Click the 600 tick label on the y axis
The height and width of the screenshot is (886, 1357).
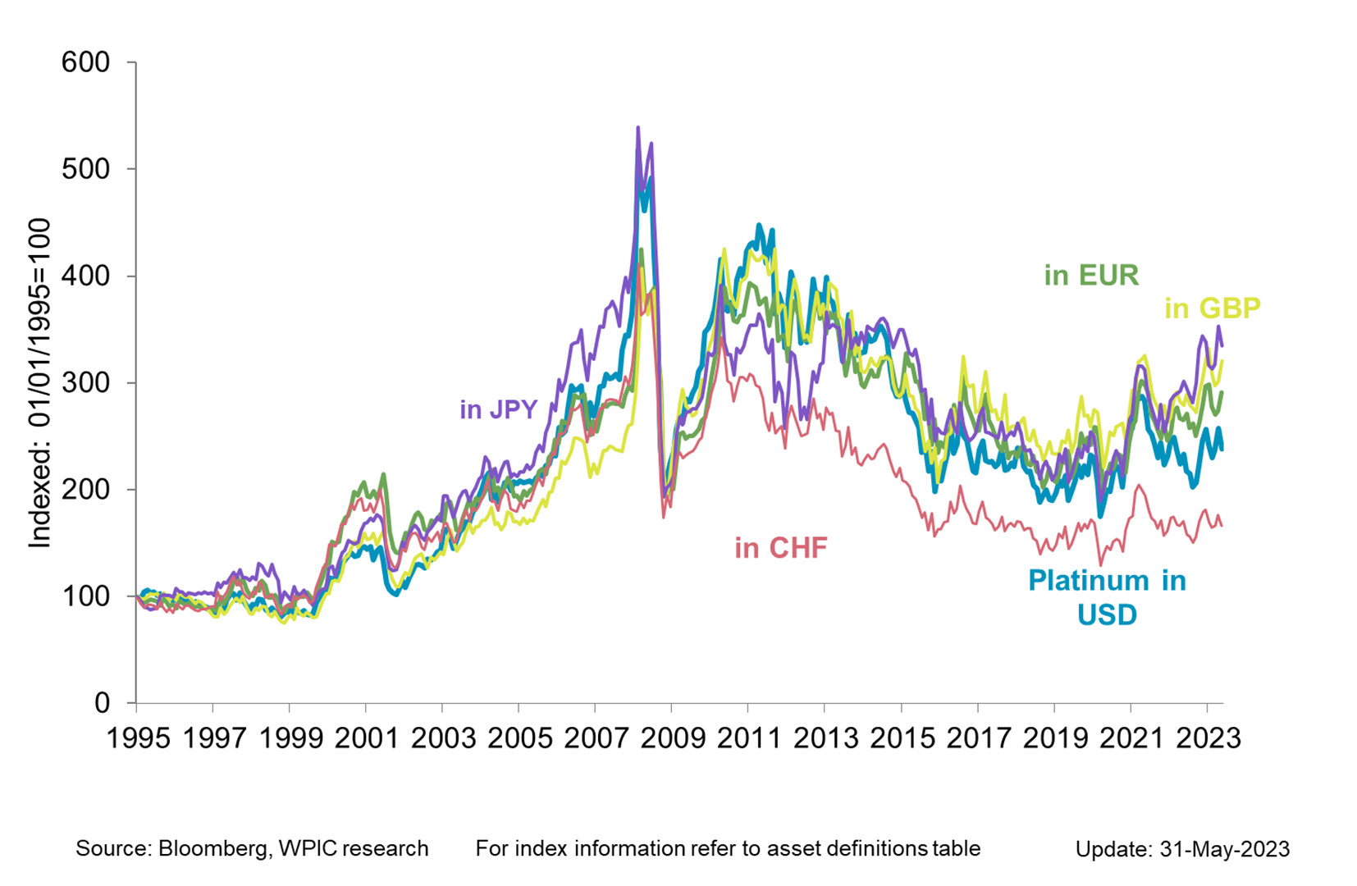click(x=85, y=62)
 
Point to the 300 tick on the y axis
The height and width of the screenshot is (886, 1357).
click(x=85, y=382)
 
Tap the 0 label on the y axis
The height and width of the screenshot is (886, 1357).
click(x=102, y=702)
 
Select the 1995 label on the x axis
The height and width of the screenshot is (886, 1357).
click(x=139, y=738)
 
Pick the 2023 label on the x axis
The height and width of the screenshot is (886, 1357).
click(x=1209, y=738)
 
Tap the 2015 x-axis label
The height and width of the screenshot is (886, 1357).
click(x=902, y=738)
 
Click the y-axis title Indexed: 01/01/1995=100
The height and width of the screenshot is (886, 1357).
click(x=39, y=382)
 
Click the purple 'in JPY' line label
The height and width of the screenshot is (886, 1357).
click(x=498, y=409)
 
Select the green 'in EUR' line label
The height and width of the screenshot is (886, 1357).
click(x=1091, y=275)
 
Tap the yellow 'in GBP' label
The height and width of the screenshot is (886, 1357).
click(x=1212, y=308)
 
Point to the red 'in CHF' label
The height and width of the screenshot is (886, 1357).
click(x=780, y=547)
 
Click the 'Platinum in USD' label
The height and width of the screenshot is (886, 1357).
click(x=1107, y=597)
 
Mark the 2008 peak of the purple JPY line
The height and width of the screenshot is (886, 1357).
click(x=638, y=128)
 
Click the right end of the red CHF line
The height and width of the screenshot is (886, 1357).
click(x=1222, y=526)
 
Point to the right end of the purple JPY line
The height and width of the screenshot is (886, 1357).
click(x=1222, y=345)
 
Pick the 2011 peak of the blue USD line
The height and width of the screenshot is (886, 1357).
click(x=759, y=224)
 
